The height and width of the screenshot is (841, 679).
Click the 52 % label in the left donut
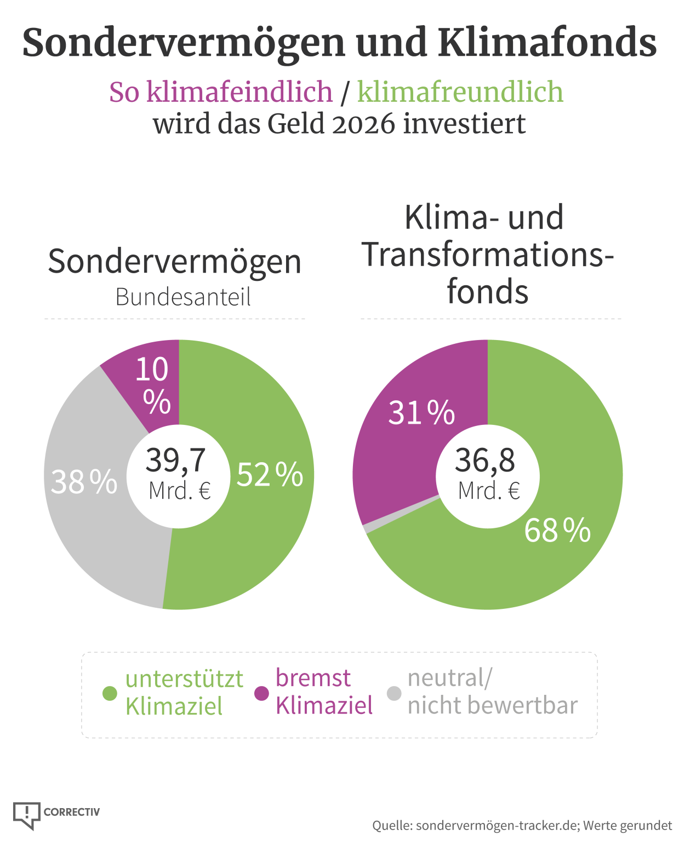[x=270, y=474]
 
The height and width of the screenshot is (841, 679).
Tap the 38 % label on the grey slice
[x=84, y=482]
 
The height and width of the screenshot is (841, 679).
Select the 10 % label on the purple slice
[x=152, y=385]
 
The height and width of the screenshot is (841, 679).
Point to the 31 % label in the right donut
[x=421, y=412]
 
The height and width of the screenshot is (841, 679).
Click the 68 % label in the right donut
[x=557, y=530]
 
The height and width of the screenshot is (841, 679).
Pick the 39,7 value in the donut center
[x=176, y=460]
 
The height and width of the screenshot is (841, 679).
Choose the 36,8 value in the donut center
[x=485, y=460]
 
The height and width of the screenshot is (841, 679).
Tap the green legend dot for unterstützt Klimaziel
[x=110, y=693]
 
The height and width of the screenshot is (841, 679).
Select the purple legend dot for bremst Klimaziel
[x=262, y=693]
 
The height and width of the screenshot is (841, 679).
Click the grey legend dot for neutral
[x=394, y=693]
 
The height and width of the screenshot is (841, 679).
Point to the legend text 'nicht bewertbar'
[x=492, y=706]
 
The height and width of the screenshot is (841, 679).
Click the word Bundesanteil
[x=183, y=297]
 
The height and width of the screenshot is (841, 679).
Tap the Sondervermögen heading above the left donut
[x=175, y=262]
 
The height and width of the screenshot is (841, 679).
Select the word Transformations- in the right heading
[x=487, y=255]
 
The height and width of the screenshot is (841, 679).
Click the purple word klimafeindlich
[x=221, y=92]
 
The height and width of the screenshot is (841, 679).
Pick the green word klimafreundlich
[x=460, y=92]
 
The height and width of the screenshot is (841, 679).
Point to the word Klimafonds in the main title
[x=547, y=43]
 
